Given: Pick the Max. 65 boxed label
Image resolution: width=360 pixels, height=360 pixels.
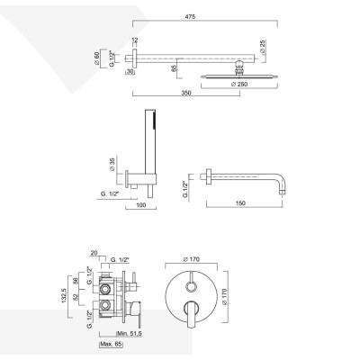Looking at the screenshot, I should tap(112, 345).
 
